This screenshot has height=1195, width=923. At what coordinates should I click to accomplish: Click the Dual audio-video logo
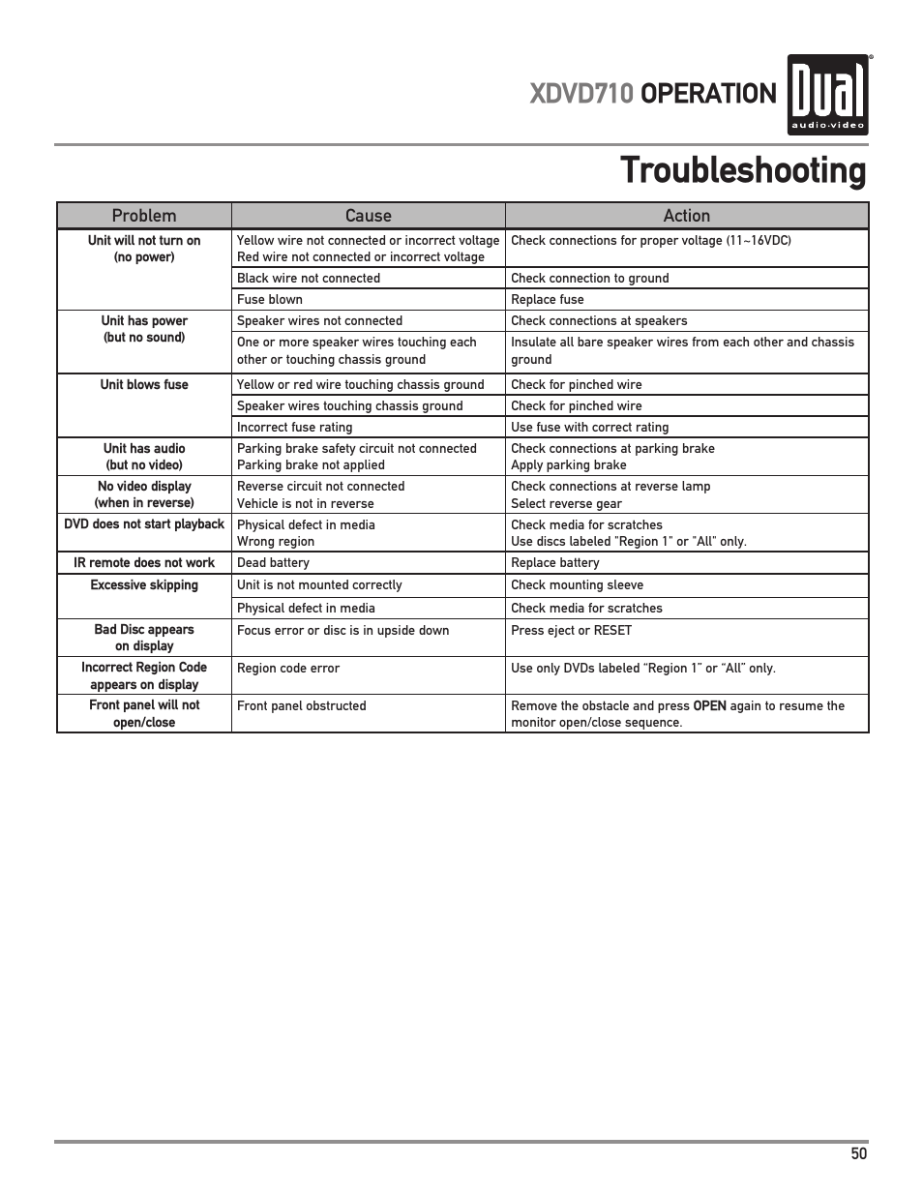pyautogui.click(x=827, y=95)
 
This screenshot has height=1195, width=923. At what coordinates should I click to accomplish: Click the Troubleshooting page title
pyautogui.click(x=742, y=171)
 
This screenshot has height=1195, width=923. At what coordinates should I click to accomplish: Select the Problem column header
pyautogui.click(x=144, y=216)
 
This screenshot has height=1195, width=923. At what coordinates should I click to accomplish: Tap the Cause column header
pyautogui.click(x=368, y=216)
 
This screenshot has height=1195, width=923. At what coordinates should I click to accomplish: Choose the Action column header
pyautogui.click(x=686, y=216)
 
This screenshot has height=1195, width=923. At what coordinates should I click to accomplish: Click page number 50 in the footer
pyautogui.click(x=859, y=1153)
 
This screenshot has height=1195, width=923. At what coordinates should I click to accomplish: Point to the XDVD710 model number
pyautogui.click(x=581, y=94)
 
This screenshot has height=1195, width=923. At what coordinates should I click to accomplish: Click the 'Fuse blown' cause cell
pyautogui.click(x=270, y=300)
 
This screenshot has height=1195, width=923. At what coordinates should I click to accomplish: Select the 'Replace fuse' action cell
pyautogui.click(x=548, y=300)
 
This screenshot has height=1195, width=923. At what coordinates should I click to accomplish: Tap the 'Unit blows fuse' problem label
pyautogui.click(x=144, y=385)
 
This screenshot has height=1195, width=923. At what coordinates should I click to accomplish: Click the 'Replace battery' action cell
pyautogui.click(x=555, y=563)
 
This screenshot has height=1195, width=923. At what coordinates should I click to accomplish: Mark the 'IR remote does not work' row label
pyautogui.click(x=144, y=563)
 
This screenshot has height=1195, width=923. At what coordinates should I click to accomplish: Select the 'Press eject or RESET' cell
pyautogui.click(x=571, y=631)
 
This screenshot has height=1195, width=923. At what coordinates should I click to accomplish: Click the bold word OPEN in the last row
pyautogui.click(x=709, y=706)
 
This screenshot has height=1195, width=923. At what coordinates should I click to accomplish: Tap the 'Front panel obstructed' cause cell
pyautogui.click(x=302, y=706)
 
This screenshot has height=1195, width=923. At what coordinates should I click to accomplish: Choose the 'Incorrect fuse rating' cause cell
pyautogui.click(x=295, y=428)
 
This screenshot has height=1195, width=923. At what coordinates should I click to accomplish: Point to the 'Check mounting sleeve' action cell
pyautogui.click(x=577, y=585)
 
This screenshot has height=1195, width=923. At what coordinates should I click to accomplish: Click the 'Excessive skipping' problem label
pyautogui.click(x=144, y=585)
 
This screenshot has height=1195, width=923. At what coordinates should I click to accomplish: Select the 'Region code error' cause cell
pyautogui.click(x=288, y=669)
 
